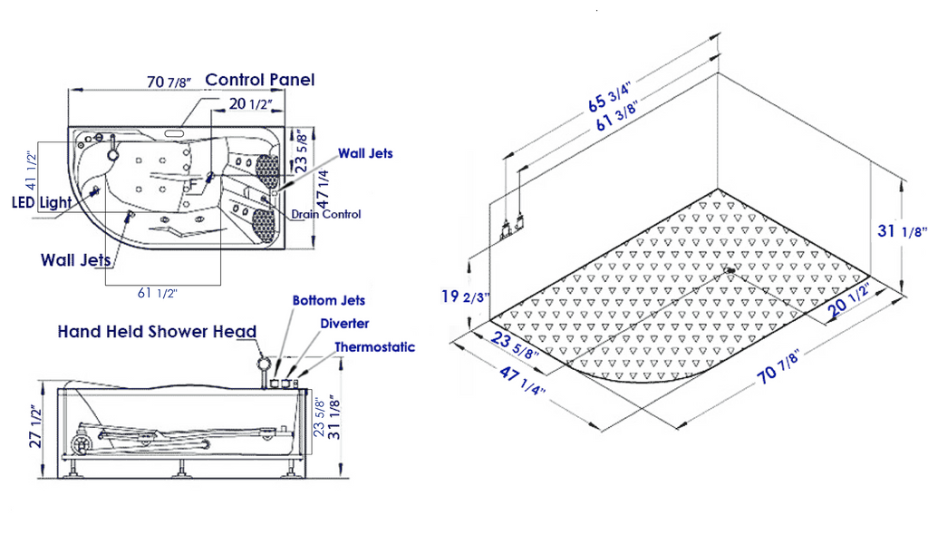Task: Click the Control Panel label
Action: tap(260, 80)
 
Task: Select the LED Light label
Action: tap(42, 202)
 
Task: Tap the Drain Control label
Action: tap(326, 214)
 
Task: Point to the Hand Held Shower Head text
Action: tap(157, 332)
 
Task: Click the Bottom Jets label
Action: tap(328, 300)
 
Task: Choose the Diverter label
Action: tap(344, 324)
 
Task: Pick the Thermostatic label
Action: tap(374, 346)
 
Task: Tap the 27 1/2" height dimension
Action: tap(36, 427)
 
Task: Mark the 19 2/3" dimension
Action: tap(464, 296)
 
